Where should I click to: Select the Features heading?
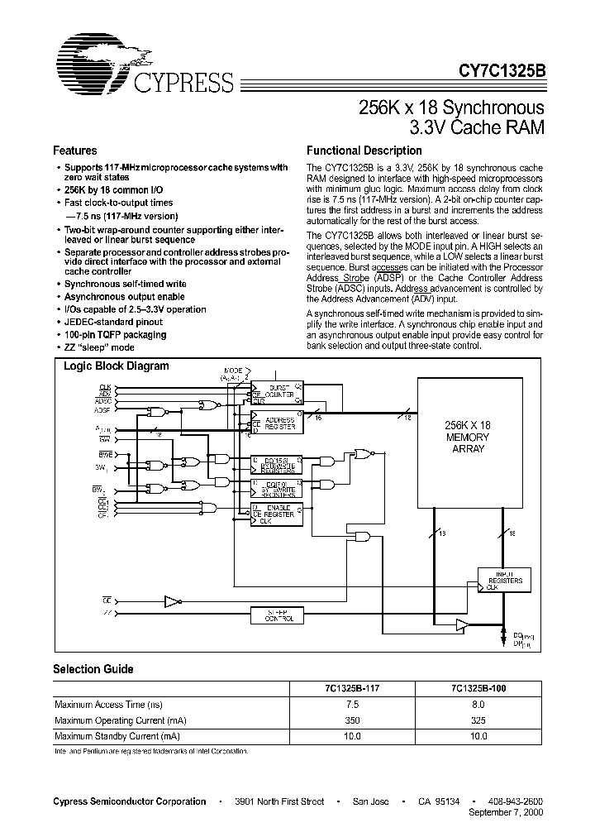pyautogui.click(x=75, y=151)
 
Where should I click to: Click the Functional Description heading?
pyautogui.click(x=364, y=151)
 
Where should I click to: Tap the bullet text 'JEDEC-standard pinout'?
pyautogui.click(x=113, y=322)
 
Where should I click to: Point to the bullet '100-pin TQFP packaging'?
pyautogui.click(x=116, y=335)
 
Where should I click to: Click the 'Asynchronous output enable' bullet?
pyautogui.click(x=125, y=296)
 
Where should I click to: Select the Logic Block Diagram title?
pyautogui.click(x=117, y=366)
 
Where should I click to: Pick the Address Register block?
pyautogui.click(x=276, y=422)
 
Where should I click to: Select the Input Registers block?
pyautogui.click(x=504, y=577)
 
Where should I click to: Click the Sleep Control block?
pyautogui.click(x=277, y=615)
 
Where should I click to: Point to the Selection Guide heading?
pyautogui.click(x=93, y=669)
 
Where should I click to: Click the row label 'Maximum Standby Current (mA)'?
pyautogui.click(x=117, y=735)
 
